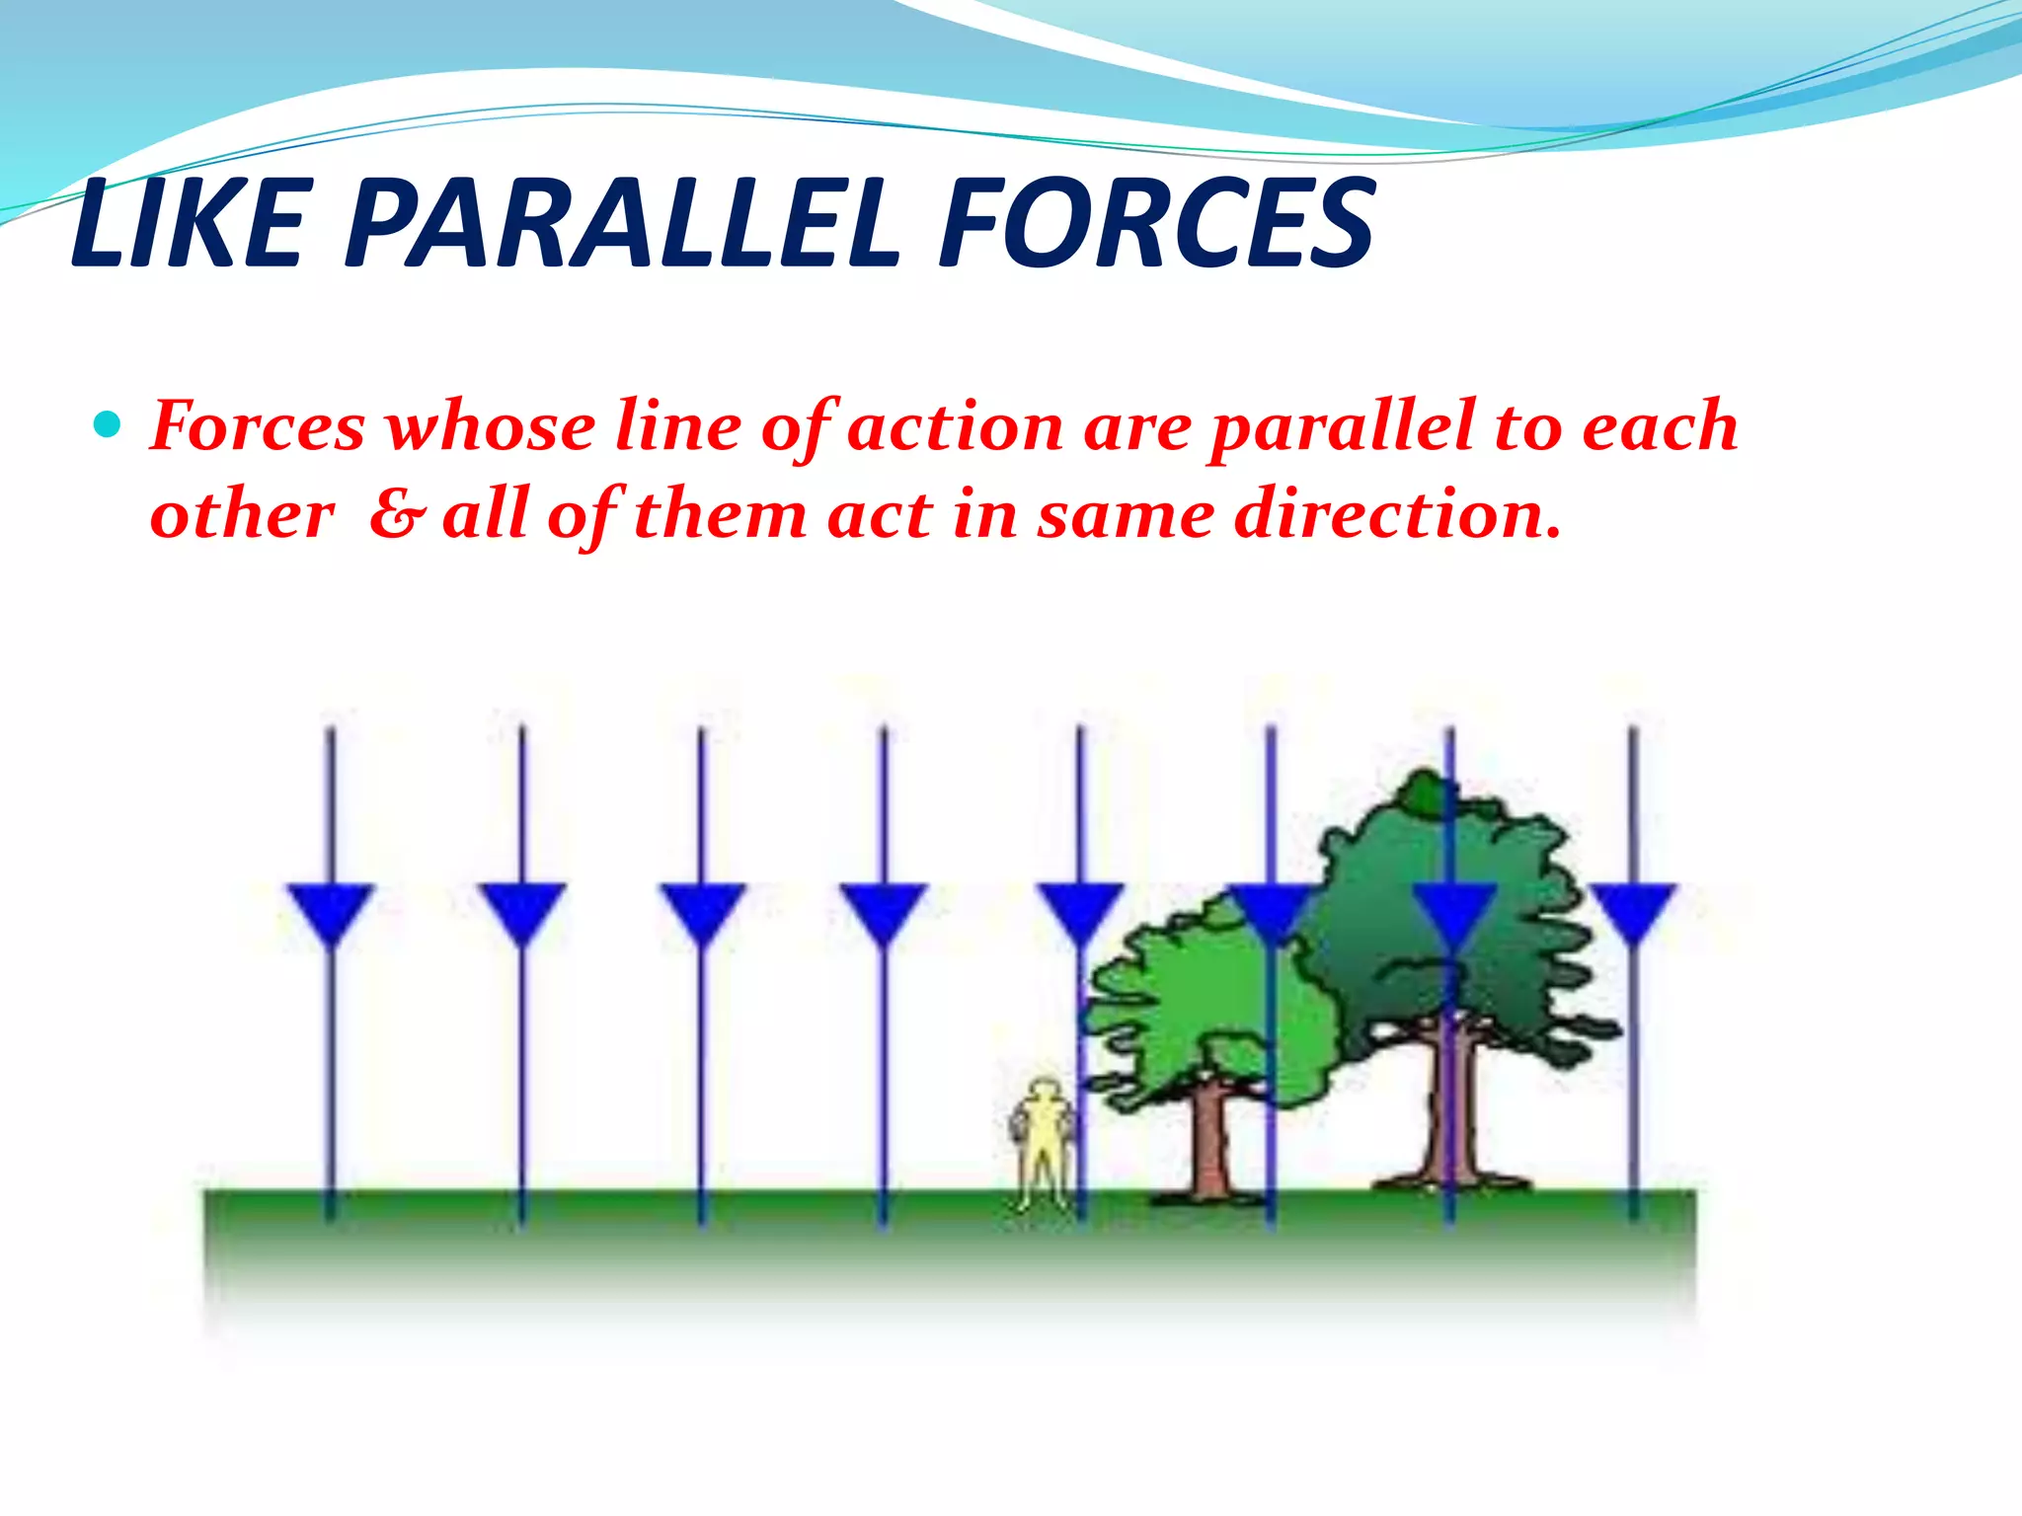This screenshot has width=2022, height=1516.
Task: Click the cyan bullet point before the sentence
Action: pos(107,426)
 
